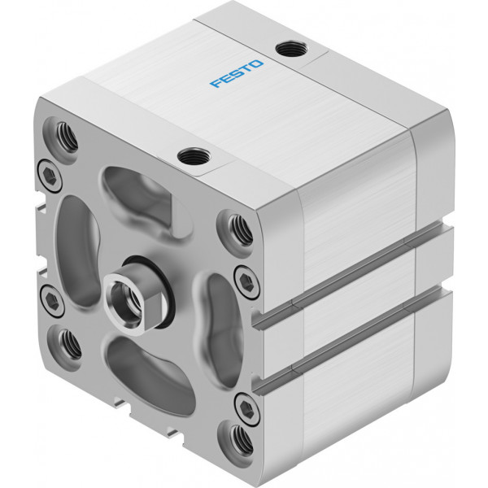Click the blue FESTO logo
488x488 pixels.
(x=237, y=73)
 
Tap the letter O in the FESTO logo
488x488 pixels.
(x=256, y=64)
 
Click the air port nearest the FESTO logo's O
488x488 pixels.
(x=292, y=49)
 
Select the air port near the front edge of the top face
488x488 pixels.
(x=194, y=156)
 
